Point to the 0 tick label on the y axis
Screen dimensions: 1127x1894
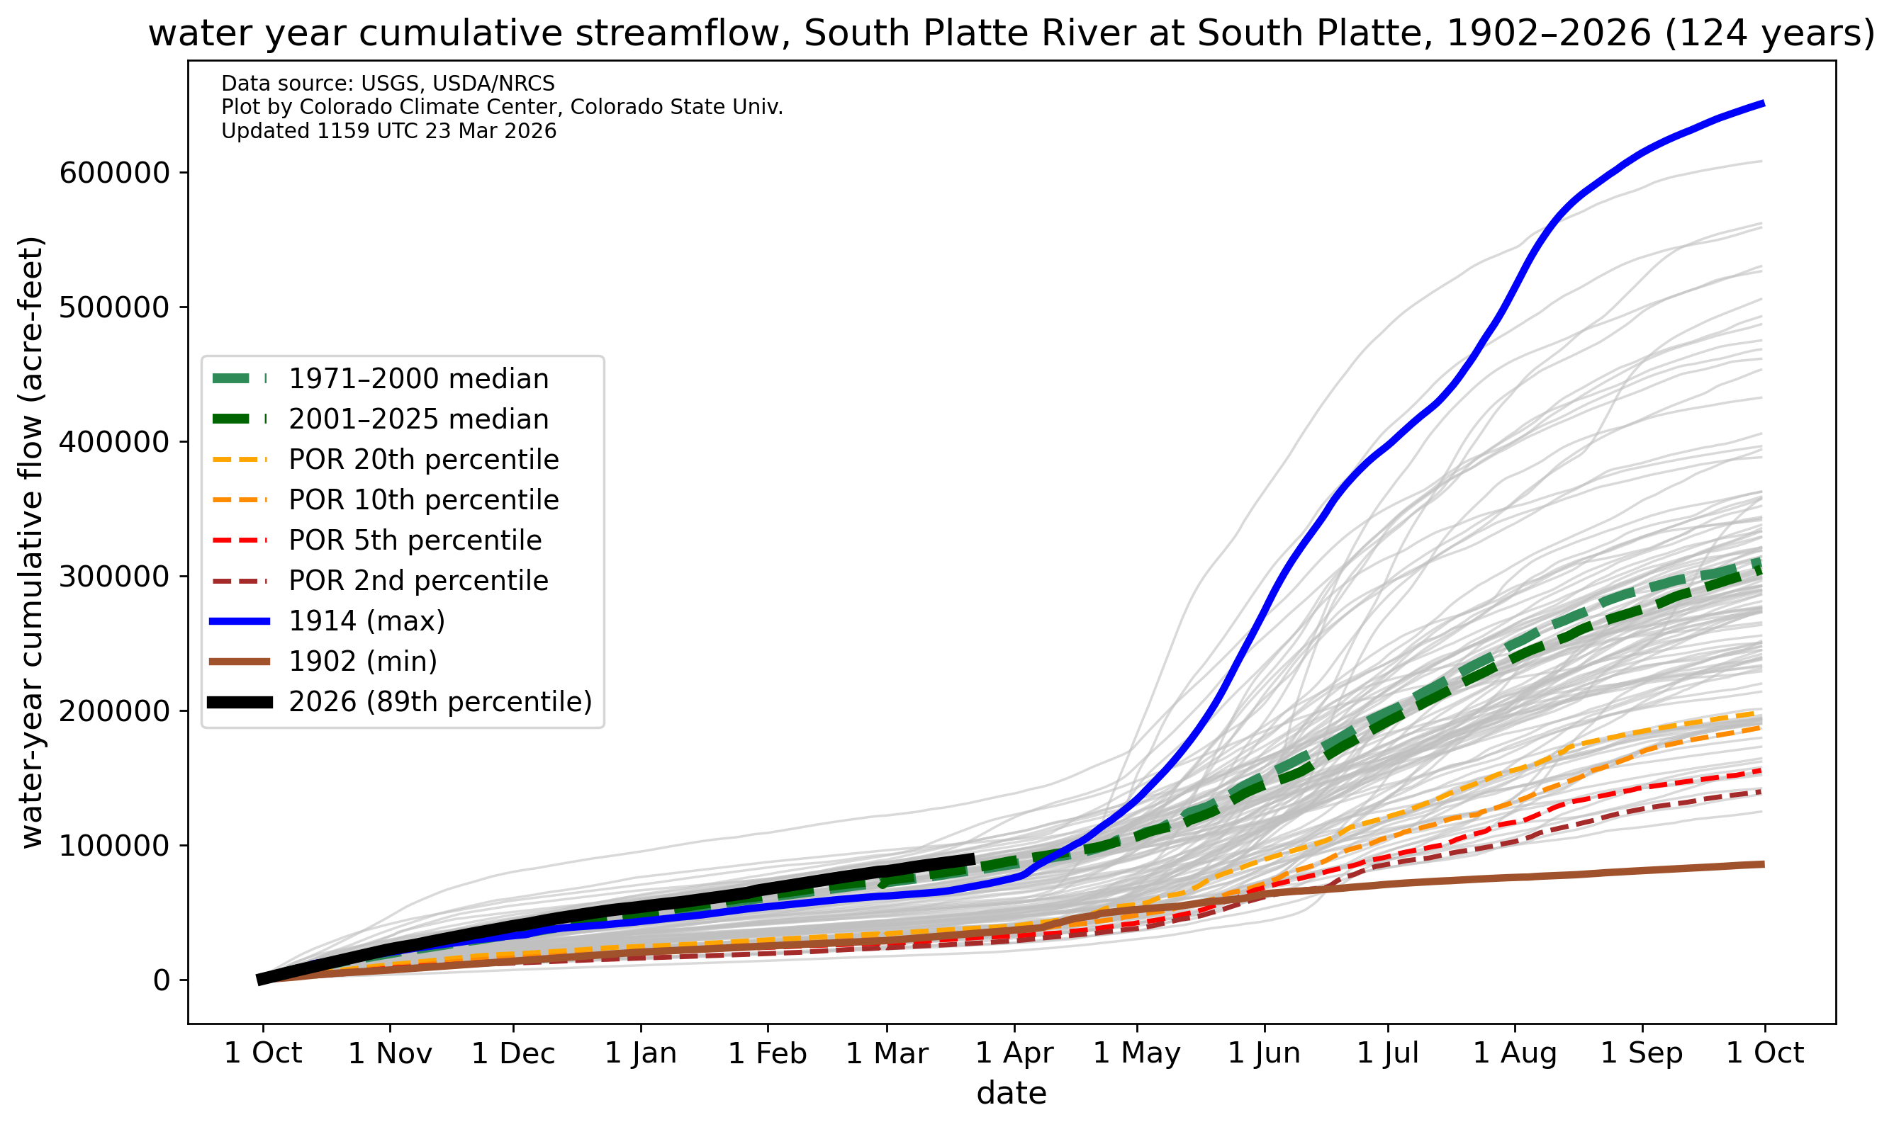point(161,980)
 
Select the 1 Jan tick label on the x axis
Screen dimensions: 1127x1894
point(641,1053)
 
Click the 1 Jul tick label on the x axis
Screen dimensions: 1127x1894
point(1387,1053)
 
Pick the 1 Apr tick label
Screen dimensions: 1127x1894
point(1014,1053)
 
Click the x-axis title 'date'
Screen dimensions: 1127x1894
point(1012,1094)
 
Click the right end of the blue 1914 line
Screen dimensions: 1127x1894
point(1763,103)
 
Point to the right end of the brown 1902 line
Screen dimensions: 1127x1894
point(1763,864)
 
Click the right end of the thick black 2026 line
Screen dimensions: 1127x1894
point(973,859)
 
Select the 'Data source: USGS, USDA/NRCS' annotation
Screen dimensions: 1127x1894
point(388,84)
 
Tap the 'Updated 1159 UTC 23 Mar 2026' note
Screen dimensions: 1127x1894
point(388,131)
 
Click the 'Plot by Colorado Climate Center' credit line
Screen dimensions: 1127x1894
point(501,107)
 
